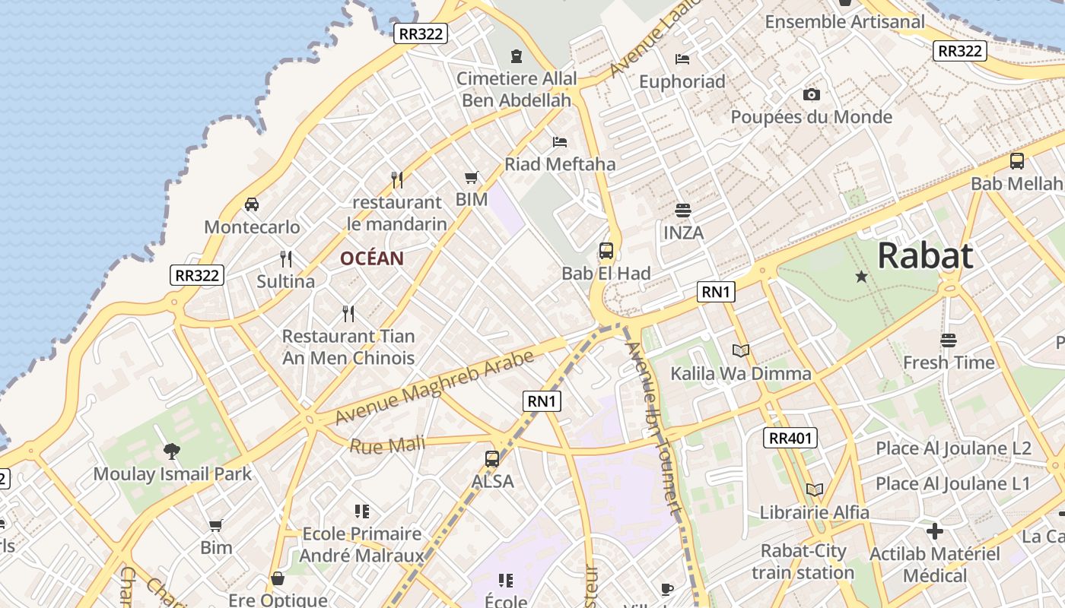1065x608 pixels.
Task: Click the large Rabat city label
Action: [x=925, y=256]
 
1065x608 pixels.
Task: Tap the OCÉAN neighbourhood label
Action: [x=371, y=258]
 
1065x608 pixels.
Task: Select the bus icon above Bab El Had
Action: [x=606, y=251]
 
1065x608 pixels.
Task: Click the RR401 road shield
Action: [x=791, y=438]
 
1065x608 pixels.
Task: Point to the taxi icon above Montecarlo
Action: [x=252, y=204]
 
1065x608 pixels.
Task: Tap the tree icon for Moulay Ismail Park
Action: [x=172, y=451]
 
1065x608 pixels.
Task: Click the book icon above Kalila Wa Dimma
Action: [x=740, y=350]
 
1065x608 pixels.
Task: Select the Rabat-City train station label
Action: [x=803, y=562]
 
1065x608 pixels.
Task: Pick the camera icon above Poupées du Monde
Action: [x=812, y=95]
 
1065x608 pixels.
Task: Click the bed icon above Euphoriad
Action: [x=682, y=59]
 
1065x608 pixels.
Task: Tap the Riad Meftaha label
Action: [x=560, y=164]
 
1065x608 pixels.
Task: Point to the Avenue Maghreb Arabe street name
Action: [x=434, y=388]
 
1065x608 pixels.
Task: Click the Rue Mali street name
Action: [x=386, y=445]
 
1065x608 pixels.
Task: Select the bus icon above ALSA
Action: [x=492, y=459]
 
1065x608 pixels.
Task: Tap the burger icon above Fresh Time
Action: [x=948, y=340]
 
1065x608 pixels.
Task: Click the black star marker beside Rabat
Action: [x=861, y=277]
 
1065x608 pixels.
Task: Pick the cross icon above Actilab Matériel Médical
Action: [x=935, y=530]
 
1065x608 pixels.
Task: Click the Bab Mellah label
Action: [x=1016, y=184]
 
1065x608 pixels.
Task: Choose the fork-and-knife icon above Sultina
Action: [x=286, y=259]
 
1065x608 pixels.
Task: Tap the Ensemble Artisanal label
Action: [x=844, y=22]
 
